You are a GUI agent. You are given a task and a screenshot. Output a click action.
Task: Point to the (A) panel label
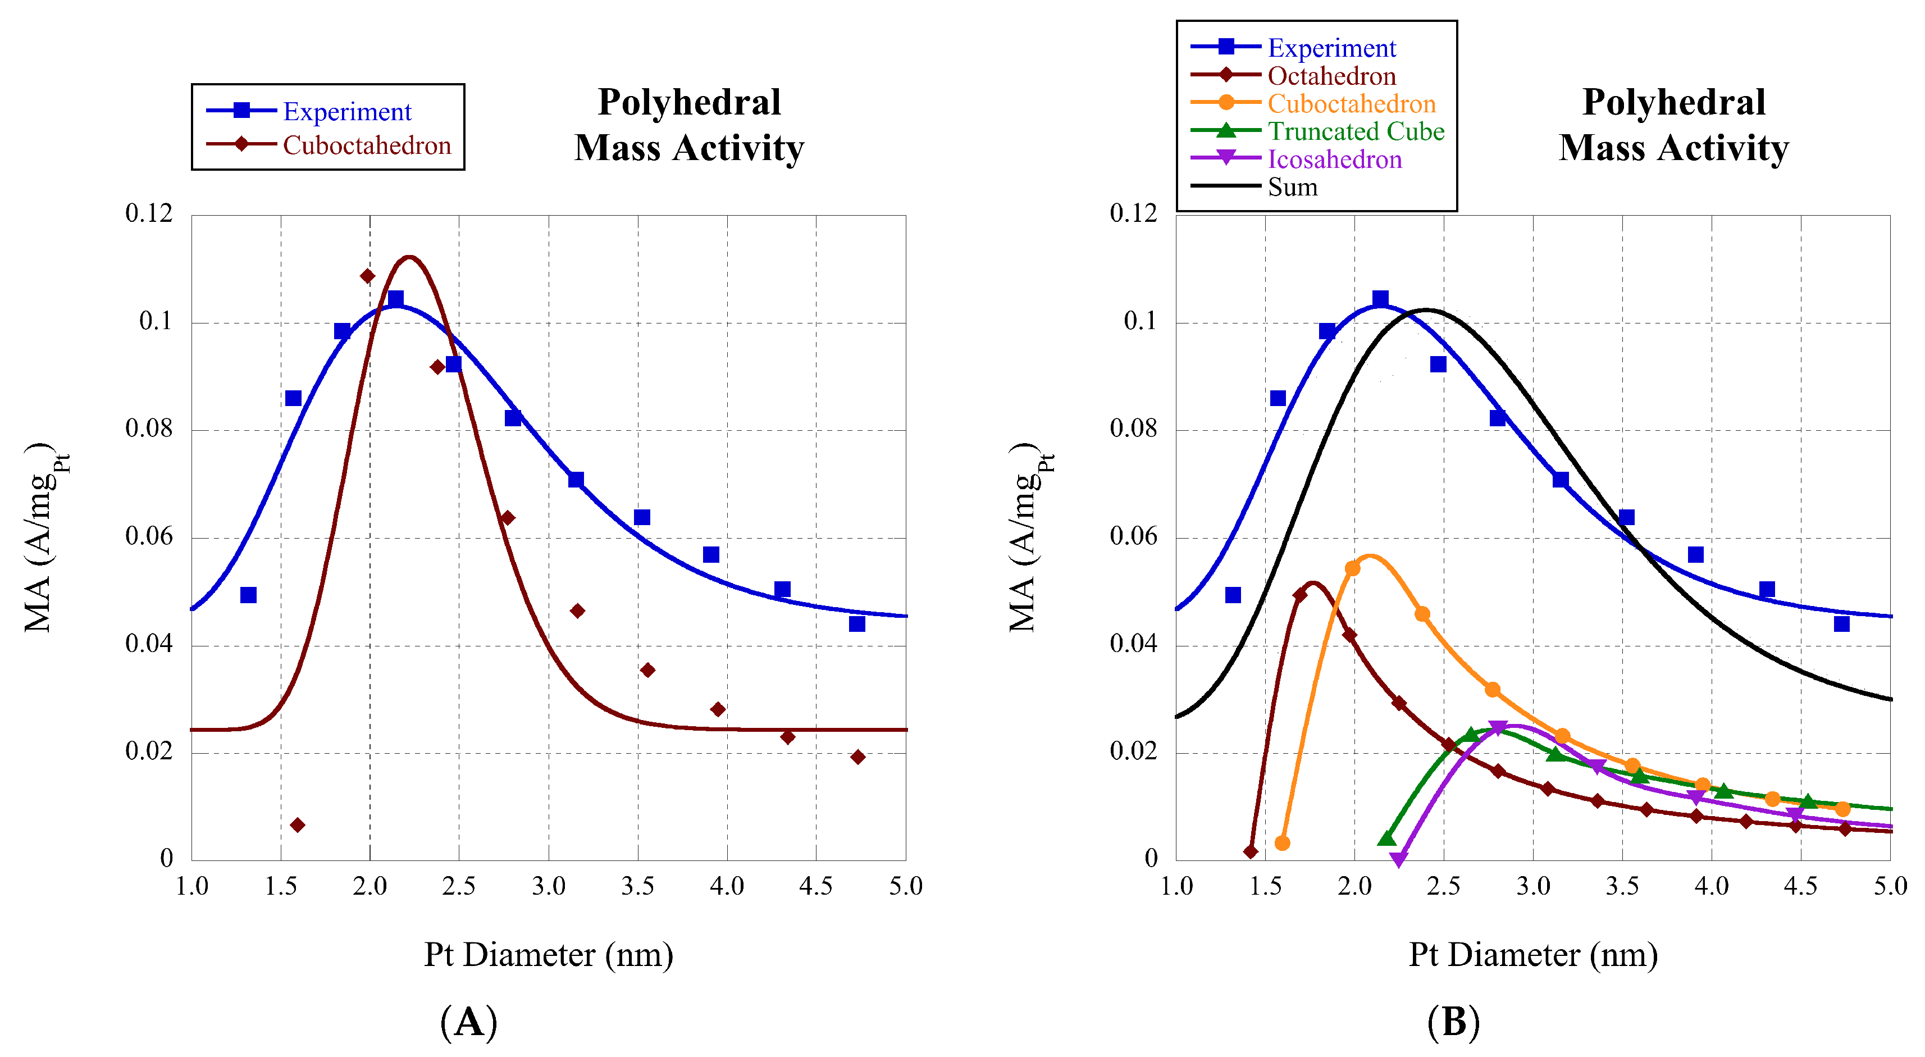[x=468, y=1021]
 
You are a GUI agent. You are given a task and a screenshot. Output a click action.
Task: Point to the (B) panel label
[x=1453, y=1021]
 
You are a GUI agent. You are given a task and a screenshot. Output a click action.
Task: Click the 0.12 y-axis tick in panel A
[x=149, y=214]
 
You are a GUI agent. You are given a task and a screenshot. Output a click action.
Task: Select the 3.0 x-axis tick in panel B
[x=1532, y=887]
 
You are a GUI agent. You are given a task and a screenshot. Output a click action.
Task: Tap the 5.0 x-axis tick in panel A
[x=906, y=887]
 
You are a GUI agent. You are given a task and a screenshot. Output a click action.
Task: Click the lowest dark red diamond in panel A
[x=298, y=825]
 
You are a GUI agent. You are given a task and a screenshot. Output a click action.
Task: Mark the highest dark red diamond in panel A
[x=367, y=276]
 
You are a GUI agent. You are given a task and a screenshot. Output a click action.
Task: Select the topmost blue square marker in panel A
[x=395, y=299]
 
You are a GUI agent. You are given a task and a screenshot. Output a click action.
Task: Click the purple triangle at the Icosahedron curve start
[x=1399, y=860]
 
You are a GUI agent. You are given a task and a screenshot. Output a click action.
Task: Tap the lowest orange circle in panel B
[x=1281, y=843]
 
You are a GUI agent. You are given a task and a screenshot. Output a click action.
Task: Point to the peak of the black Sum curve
[x=1426, y=309]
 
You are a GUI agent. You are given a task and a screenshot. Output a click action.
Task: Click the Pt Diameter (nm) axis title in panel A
[x=549, y=955]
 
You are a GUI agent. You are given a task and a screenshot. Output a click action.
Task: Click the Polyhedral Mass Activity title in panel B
[x=1673, y=125]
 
